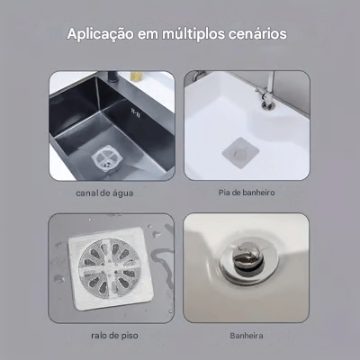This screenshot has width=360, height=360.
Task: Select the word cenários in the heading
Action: click(260, 34)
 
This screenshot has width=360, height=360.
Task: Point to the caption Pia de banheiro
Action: click(247, 193)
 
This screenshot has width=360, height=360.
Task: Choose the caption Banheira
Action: click(247, 336)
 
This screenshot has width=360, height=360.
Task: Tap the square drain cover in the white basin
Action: click(238, 153)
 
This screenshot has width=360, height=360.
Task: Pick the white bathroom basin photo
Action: click(247, 125)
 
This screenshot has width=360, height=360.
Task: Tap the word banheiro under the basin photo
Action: click(257, 193)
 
